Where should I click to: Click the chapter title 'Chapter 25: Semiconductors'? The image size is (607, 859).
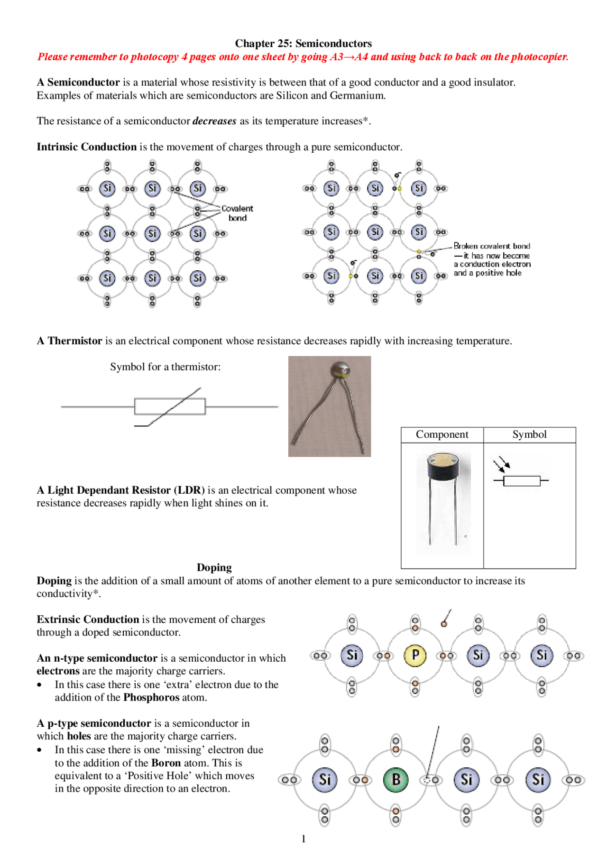click(303, 44)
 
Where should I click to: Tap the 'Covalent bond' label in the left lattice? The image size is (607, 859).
click(237, 213)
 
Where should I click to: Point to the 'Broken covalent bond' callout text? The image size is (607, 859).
click(492, 246)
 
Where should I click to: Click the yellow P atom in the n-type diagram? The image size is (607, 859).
click(415, 655)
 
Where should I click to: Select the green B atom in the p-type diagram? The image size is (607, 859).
click(395, 779)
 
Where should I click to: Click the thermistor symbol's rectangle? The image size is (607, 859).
click(170, 406)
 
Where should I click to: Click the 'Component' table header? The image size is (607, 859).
click(442, 434)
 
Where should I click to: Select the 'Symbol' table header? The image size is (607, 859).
click(529, 434)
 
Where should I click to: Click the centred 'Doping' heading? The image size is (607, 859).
click(214, 567)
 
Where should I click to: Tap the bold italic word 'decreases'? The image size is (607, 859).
click(214, 121)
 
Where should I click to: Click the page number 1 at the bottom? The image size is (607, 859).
click(303, 839)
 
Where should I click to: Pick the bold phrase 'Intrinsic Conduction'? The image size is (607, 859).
click(87, 147)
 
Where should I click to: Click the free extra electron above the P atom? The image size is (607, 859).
click(444, 624)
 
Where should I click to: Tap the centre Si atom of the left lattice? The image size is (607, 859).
click(152, 233)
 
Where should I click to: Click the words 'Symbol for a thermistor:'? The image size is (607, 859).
click(165, 367)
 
